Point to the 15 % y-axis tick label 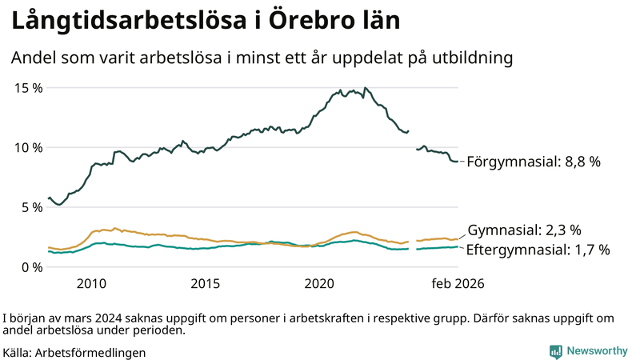(29, 87)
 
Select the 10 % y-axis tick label (29, 147)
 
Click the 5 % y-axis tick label (32, 207)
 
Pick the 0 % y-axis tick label (32, 266)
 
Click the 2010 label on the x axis (91, 283)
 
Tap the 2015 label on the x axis (206, 283)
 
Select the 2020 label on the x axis (319, 283)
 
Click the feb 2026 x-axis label (458, 283)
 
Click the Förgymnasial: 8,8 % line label (533, 162)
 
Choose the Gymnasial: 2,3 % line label (524, 230)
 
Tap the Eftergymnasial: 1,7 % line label (538, 250)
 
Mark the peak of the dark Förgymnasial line (365, 88)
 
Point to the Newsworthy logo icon (555, 351)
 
